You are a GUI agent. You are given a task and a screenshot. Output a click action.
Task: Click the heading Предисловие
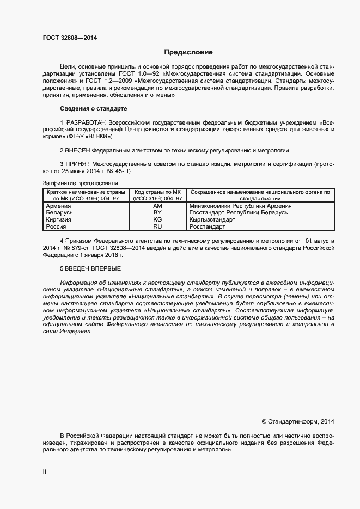coord(188,52)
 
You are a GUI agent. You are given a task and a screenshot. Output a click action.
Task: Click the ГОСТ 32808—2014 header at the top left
coord(70,38)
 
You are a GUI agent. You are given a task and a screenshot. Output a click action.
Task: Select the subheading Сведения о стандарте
coord(93,109)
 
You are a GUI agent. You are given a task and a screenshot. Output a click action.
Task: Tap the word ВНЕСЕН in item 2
coord(77,150)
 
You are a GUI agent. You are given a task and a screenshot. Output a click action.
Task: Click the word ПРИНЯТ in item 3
coord(78,163)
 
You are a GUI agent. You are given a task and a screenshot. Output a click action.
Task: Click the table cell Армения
coord(58,206)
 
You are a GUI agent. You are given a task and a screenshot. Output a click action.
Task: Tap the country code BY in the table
coord(157,213)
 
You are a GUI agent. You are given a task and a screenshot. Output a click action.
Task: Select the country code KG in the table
coord(157,219)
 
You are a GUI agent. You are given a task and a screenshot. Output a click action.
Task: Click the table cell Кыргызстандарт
coord(212,219)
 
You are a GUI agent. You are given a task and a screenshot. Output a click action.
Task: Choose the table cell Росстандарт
coord(207,226)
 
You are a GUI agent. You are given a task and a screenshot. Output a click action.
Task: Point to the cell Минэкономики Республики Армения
coord(240,206)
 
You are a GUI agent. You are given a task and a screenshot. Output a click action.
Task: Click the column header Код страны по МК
coord(157,192)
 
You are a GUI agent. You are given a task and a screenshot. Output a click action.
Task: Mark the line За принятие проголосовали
coord(81,183)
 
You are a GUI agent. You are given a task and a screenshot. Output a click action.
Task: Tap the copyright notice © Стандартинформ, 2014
coord(298,421)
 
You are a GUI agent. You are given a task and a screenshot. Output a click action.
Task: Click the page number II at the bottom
coord(45,472)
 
